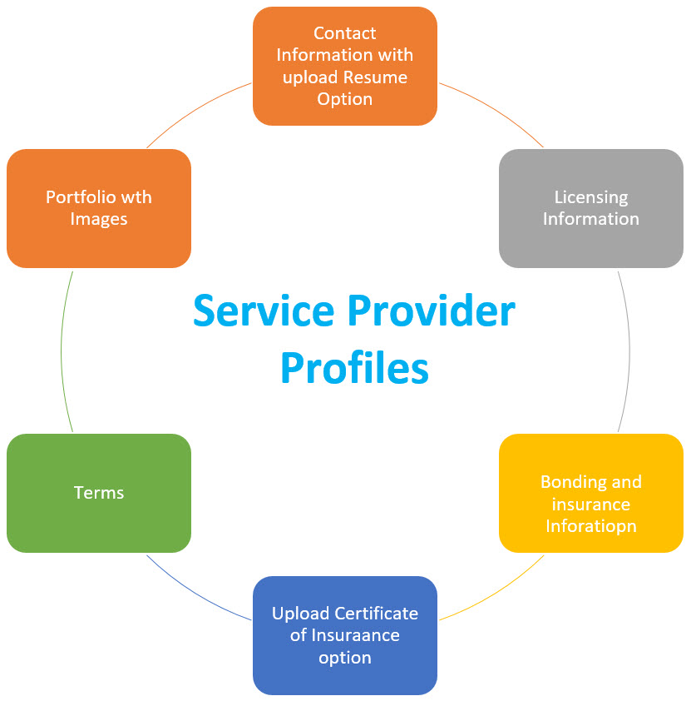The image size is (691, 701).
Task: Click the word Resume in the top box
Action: pyautogui.click(x=378, y=77)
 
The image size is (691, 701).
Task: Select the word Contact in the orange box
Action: pyautogui.click(x=344, y=33)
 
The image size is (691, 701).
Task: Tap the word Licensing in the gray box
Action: pyautogui.click(x=591, y=197)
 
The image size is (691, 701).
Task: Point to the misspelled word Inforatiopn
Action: pyautogui.click(x=591, y=526)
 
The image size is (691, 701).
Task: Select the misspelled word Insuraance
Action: pyautogui.click(x=355, y=635)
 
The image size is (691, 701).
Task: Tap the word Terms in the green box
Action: pyautogui.click(x=99, y=493)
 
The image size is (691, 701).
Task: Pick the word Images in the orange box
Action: pyautogui.click(x=99, y=219)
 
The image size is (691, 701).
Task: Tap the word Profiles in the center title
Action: pyautogui.click(x=354, y=367)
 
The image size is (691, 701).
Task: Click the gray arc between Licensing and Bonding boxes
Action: pyautogui.click(x=629, y=350)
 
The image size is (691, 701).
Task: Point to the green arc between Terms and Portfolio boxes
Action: pyautogui.click(x=62, y=350)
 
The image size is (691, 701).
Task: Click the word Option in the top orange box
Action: pyautogui.click(x=344, y=99)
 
